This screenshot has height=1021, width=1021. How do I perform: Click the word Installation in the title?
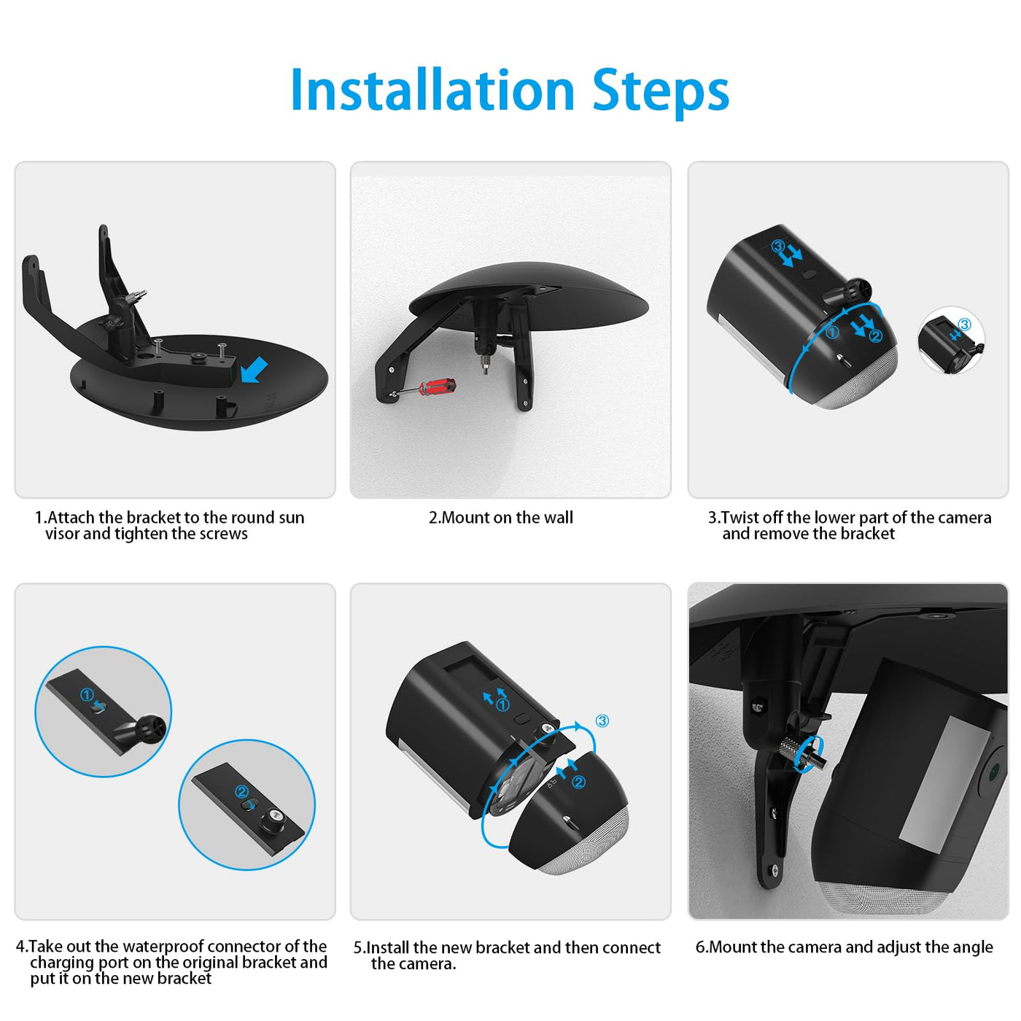[x=432, y=90]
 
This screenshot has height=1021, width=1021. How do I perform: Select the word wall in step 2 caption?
[x=558, y=518]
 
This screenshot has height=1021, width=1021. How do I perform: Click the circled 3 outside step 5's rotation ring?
[x=602, y=721]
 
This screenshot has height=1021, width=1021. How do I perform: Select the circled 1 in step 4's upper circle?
[x=87, y=694]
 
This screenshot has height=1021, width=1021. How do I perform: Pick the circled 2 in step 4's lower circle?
[x=241, y=791]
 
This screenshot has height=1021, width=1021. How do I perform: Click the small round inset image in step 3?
[x=951, y=340]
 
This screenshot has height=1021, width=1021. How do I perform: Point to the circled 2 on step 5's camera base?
[x=578, y=782]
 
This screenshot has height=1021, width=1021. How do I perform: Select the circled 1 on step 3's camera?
[x=832, y=333]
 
